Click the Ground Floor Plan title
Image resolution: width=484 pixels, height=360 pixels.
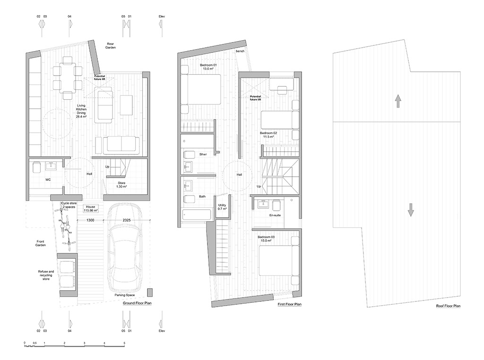(137, 303)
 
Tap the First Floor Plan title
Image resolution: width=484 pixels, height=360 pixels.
(289, 304)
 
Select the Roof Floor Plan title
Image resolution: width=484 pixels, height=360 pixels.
(448, 306)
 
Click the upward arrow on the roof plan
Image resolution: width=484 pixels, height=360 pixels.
(398, 101)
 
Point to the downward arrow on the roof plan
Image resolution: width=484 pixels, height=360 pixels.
(410, 210)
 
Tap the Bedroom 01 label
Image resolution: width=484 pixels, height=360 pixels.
(208, 67)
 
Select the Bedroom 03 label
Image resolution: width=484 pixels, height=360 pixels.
(266, 239)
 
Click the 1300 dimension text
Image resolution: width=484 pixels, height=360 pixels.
(90, 220)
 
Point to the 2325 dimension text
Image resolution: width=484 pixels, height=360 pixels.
(127, 220)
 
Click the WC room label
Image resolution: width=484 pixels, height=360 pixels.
(48, 180)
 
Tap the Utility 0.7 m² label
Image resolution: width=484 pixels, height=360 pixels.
(222, 207)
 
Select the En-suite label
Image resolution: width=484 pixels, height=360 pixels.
(275, 215)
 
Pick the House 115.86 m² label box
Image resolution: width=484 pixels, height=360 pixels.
(90, 208)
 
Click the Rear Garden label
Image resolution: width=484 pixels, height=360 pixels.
(110, 46)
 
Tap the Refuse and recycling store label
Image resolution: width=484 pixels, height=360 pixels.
(46, 275)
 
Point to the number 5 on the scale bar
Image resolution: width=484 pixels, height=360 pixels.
(124, 343)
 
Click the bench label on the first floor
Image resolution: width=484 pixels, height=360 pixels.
(240, 51)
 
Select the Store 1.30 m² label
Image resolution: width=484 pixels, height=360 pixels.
(121, 185)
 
